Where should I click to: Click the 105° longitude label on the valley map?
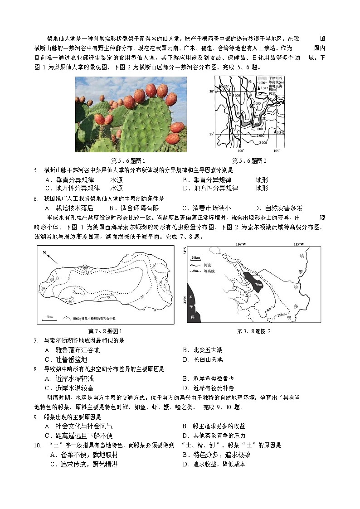pos(276,150)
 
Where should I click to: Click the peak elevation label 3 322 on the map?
pos(224,86)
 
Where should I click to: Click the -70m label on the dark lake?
pos(258,285)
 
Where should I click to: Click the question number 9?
pos(35,417)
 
